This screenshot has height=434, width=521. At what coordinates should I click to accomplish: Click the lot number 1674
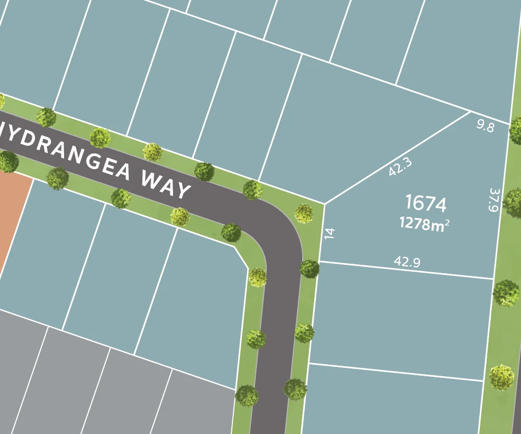425,203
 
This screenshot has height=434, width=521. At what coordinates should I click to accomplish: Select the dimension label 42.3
400,167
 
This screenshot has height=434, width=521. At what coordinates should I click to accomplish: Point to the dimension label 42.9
407,262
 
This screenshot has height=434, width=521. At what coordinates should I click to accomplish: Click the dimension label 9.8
485,125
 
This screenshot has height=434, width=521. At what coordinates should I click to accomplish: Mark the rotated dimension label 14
329,233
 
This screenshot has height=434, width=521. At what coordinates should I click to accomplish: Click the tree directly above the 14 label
304,213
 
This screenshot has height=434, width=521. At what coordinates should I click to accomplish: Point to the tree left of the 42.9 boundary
309,269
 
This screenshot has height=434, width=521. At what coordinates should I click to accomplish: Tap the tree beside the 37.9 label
513,202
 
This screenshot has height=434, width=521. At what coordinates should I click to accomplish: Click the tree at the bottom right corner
502,377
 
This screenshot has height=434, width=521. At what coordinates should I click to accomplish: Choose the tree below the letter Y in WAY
180,216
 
